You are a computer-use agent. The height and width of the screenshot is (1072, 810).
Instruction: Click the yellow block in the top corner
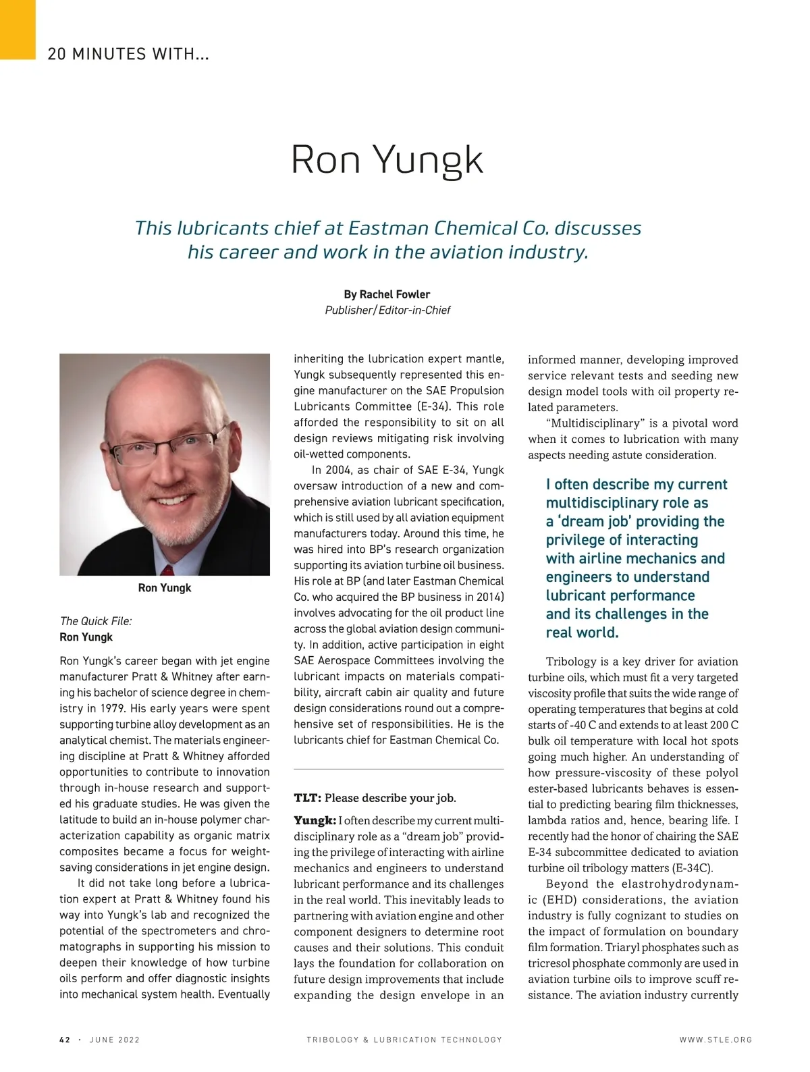(17, 29)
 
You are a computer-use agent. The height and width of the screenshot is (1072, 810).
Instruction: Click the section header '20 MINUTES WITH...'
(128, 54)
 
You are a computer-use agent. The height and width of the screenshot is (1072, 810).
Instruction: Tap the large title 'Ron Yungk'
(387, 160)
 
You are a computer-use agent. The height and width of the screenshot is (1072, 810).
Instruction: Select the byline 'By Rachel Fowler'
(387, 294)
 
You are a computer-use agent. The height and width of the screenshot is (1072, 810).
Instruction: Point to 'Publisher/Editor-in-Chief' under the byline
(387, 311)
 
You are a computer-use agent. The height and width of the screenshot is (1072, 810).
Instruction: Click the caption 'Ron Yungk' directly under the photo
(164, 588)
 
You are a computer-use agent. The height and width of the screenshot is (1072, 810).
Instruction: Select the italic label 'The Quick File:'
(96, 621)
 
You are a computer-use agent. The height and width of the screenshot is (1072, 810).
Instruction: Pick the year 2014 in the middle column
(487, 597)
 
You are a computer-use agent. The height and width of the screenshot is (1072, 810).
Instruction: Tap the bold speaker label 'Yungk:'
(315, 821)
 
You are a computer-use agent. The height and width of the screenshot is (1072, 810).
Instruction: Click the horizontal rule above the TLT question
(399, 769)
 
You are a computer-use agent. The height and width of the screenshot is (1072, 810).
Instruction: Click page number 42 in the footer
(65, 1040)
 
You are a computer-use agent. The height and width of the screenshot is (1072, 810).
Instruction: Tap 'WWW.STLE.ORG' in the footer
(715, 1040)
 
